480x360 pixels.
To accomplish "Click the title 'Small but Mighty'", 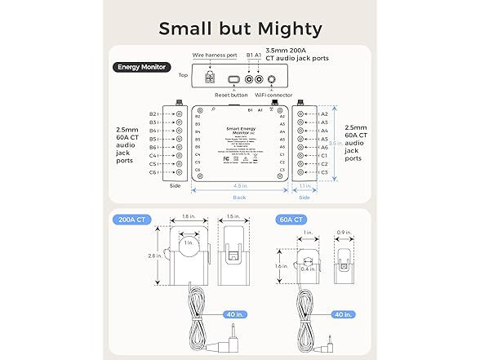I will [240, 29].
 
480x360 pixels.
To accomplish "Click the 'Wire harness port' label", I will [215, 56].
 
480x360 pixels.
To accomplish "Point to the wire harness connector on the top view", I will [211, 79].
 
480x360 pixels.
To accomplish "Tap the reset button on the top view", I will [233, 79].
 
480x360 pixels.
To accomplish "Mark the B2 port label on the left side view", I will [153, 114].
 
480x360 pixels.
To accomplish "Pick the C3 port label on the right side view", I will [324, 172].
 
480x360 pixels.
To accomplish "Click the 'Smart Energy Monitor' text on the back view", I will [240, 131].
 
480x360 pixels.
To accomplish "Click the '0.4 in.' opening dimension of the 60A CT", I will [307, 269].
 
